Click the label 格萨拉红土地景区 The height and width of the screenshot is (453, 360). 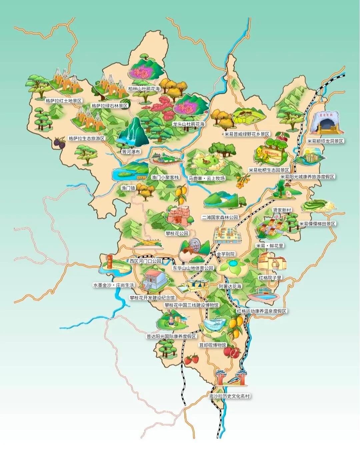pos(63,100)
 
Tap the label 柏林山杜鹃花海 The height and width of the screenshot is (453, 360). pos(144,89)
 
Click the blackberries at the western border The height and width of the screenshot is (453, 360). pos(60,143)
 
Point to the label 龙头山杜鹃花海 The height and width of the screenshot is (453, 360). pos(188,124)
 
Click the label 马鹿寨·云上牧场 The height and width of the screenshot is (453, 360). pos(207,178)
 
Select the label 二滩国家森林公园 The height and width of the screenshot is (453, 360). pos(220,217)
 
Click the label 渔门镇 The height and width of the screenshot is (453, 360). pos(128,188)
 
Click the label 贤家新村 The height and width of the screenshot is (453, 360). pos(282,210)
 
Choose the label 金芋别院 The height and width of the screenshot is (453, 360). pos(226,254)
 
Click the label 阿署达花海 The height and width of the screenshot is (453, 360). pos(230,286)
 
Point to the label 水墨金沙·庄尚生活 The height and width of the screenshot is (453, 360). pos(113,285)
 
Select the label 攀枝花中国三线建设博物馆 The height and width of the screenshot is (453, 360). pos(192,305)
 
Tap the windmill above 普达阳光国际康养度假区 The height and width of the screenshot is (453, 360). pos(170,318)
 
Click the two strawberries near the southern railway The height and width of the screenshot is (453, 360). pos(192,359)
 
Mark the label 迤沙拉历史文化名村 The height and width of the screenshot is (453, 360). pos(229,396)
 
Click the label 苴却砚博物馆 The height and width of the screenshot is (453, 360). pos(213,345)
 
